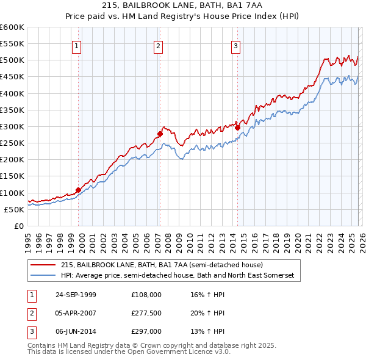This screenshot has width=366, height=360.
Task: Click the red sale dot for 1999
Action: tap(79, 190)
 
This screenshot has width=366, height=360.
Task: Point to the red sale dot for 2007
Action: tap(160, 134)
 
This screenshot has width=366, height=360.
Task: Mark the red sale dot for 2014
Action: tap(237, 128)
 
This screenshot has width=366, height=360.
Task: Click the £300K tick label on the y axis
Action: tap(12, 126)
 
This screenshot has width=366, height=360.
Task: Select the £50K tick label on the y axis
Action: tap(14, 209)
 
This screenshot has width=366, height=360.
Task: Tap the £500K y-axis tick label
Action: tap(12, 60)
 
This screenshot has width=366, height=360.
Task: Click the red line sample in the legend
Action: tap(43, 265)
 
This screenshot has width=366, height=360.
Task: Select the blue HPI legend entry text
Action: tap(177, 276)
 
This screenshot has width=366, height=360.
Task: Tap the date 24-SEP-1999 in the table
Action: tap(75, 295)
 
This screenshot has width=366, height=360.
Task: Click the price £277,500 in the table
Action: tap(146, 313)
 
